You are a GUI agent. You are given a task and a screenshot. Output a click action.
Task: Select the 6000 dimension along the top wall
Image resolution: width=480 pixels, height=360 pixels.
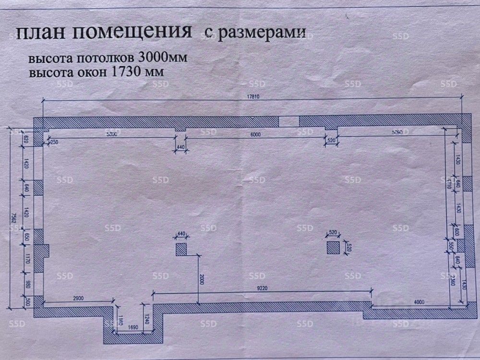click(x=255, y=134)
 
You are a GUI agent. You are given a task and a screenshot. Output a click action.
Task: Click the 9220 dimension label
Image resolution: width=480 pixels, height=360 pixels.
click(x=263, y=288)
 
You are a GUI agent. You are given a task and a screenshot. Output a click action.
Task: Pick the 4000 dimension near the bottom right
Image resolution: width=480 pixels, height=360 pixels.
click(x=420, y=301)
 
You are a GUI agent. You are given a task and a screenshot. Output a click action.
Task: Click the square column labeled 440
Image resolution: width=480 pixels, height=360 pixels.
click(x=181, y=250)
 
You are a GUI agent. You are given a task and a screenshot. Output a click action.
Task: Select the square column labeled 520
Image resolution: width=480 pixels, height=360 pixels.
click(x=333, y=248)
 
